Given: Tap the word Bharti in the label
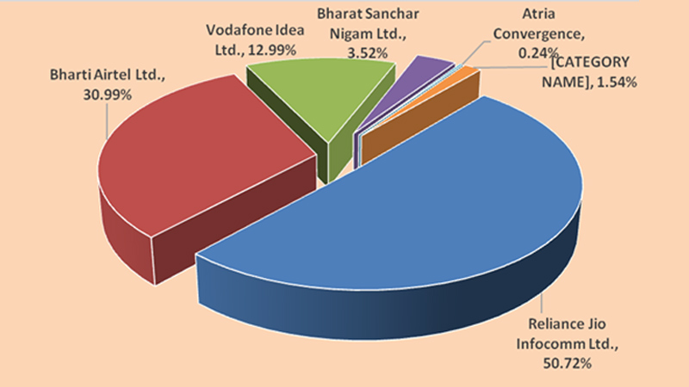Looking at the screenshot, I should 71,77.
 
